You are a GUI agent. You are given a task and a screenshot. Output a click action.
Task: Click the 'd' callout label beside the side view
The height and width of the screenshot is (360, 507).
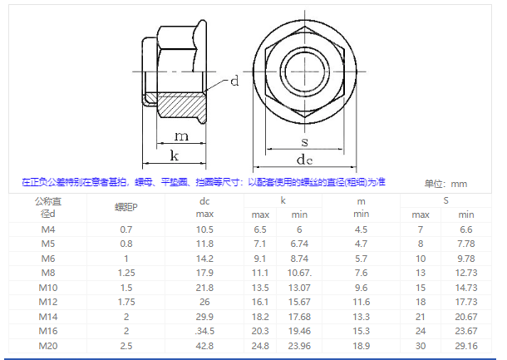tap(234, 81)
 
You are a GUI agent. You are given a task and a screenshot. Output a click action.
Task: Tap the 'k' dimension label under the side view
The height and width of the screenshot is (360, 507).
tap(173, 155)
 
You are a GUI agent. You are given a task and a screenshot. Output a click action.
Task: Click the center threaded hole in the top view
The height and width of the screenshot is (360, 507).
tap(304, 67)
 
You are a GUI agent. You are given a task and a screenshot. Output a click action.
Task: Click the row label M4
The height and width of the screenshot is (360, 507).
tap(48, 229)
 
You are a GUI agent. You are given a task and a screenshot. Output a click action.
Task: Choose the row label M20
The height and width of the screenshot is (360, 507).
tap(48, 345)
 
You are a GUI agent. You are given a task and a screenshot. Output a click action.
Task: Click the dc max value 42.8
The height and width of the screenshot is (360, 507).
tap(205, 345)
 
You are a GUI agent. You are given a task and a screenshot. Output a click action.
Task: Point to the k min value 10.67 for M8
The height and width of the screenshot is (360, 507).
tap(299, 273)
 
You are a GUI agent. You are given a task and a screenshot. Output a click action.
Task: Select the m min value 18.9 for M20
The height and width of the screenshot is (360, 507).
tap(361, 345)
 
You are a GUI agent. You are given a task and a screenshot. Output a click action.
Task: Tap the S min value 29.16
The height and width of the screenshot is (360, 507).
tap(466, 345)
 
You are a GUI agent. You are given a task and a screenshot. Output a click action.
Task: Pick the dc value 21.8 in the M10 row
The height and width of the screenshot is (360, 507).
tap(205, 287)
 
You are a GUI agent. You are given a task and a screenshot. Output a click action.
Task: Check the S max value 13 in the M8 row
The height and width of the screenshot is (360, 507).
tap(421, 273)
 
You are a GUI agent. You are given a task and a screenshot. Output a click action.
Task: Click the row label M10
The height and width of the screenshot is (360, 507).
tap(48, 287)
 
